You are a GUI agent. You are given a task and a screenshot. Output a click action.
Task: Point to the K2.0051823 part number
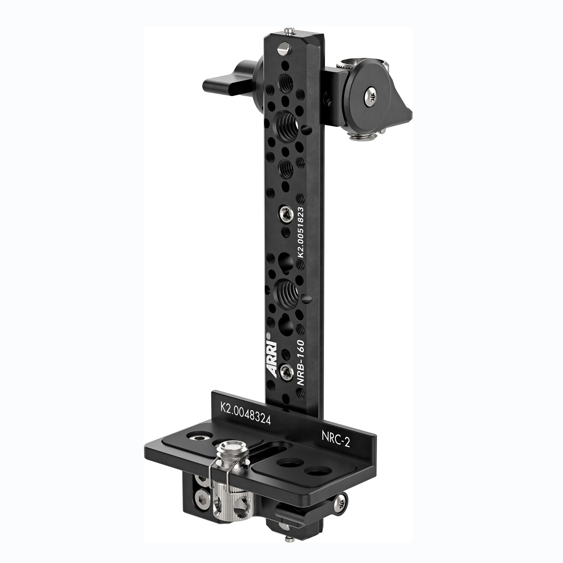coord(300,232)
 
